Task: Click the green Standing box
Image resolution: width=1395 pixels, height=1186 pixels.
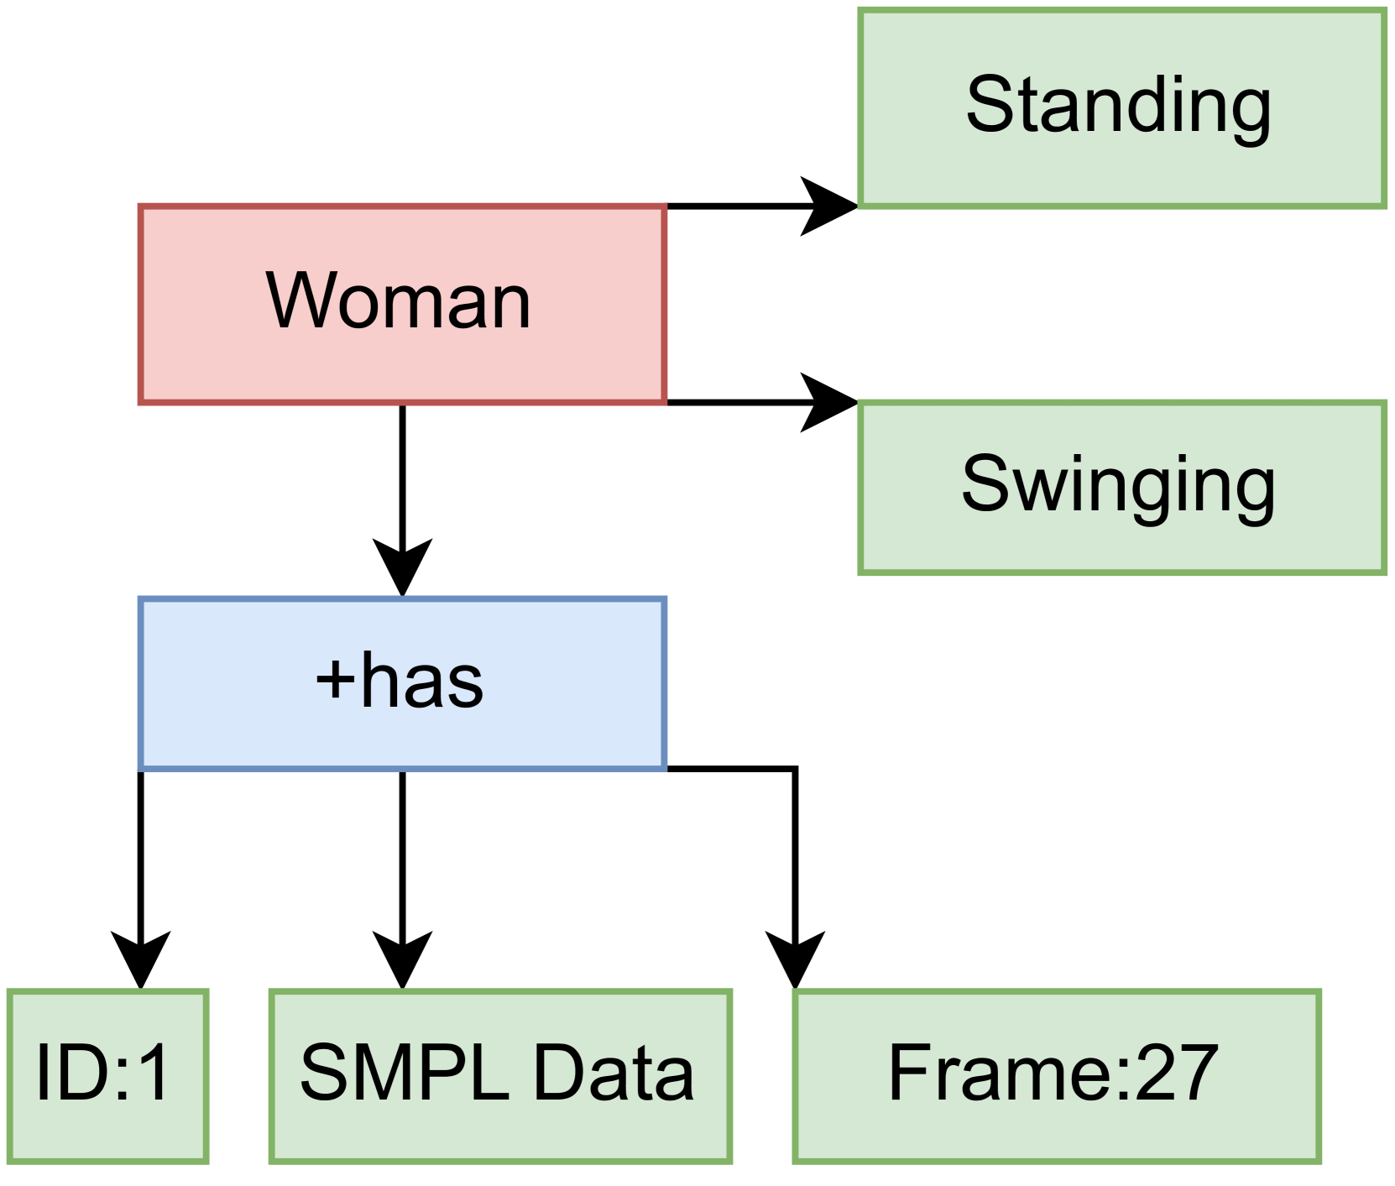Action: (1121, 107)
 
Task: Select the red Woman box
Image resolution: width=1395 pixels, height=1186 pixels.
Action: (401, 304)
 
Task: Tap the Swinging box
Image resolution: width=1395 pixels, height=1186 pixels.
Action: (1121, 488)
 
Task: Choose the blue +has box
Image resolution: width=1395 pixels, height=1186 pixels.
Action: (401, 682)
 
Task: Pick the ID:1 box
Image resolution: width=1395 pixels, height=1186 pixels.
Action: (107, 1075)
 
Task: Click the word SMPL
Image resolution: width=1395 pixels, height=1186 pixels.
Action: (405, 1073)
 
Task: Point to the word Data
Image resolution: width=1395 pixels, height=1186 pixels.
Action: (614, 1073)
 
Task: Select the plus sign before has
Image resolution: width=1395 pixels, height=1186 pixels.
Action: (335, 679)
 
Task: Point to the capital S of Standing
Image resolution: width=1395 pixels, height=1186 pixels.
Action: (989, 105)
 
